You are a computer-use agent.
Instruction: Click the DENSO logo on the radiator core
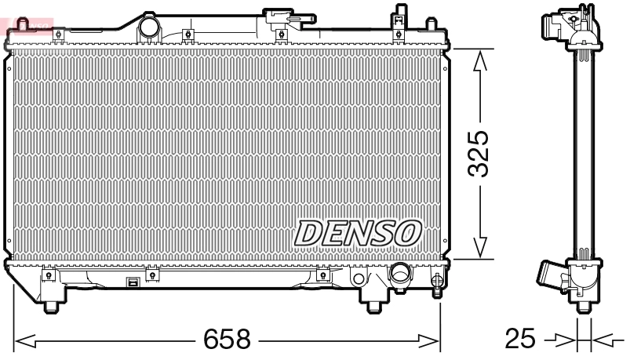click(359, 232)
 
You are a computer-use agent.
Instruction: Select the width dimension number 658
click(227, 340)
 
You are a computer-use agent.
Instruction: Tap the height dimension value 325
click(480, 153)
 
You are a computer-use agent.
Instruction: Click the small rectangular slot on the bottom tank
click(133, 282)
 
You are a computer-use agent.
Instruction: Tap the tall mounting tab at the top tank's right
click(400, 17)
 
